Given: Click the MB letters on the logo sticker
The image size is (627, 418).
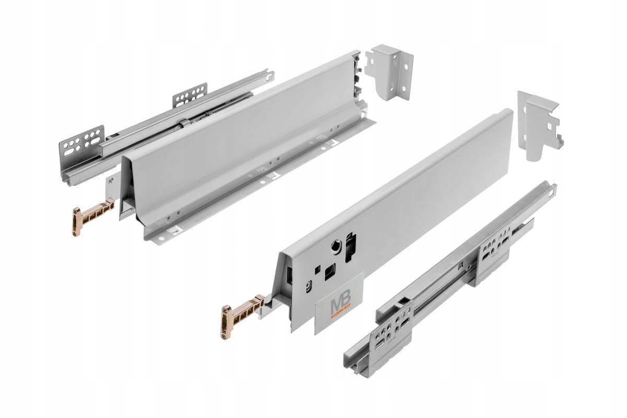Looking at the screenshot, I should [338, 306].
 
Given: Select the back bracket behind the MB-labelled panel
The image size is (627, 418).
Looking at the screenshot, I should [538, 125].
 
